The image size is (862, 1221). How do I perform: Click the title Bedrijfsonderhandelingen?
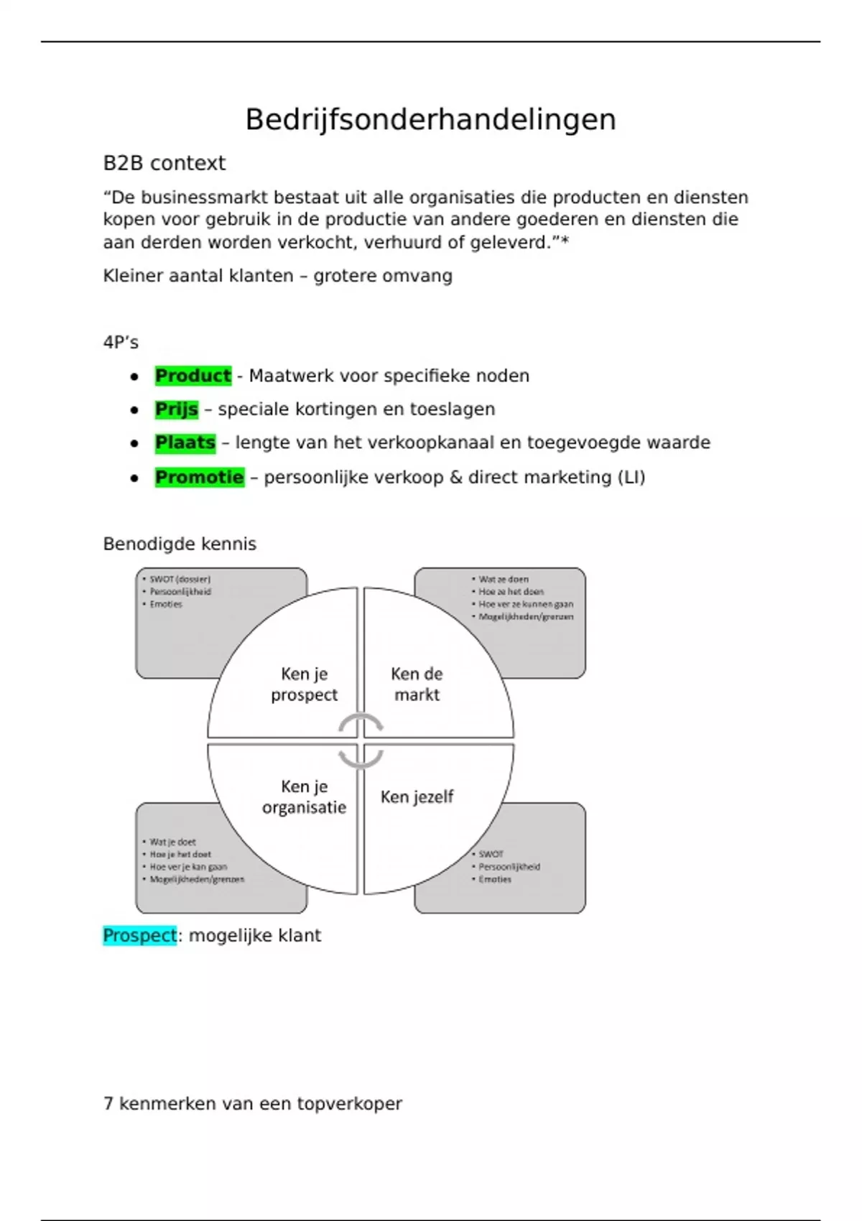coord(430,119)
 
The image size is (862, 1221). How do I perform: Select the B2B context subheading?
coord(164,163)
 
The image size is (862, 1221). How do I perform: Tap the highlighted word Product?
coord(193,376)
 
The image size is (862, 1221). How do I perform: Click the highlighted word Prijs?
coord(176,409)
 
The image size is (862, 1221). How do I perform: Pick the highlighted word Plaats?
coord(185,442)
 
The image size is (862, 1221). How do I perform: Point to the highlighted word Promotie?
coord(199,477)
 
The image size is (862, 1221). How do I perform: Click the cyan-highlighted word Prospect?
coord(139,935)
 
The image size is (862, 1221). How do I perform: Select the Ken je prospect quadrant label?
coord(304,684)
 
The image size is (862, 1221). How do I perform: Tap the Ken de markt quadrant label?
coord(417,684)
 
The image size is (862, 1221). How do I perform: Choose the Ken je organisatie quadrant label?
coord(304,797)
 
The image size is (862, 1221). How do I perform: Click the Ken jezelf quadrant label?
coord(417,797)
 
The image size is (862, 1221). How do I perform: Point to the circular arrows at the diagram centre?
coord(361,741)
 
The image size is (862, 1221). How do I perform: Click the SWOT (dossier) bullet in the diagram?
coord(180,579)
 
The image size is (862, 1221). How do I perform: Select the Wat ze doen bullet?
coord(503,579)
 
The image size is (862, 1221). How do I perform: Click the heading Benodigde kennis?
coord(180,544)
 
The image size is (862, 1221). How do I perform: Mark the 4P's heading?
coord(121,343)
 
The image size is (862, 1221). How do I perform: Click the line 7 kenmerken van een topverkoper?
coord(252,1103)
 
